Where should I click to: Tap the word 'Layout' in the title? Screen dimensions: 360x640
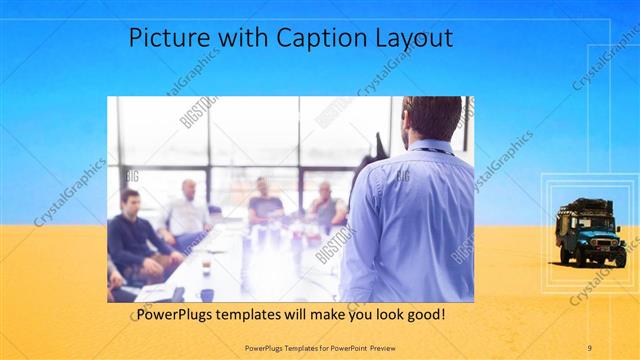point(416,38)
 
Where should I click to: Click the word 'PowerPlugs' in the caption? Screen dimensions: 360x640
point(177,314)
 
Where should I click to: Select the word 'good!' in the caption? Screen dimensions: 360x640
point(423,314)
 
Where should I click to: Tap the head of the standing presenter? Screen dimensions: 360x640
point(432,119)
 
